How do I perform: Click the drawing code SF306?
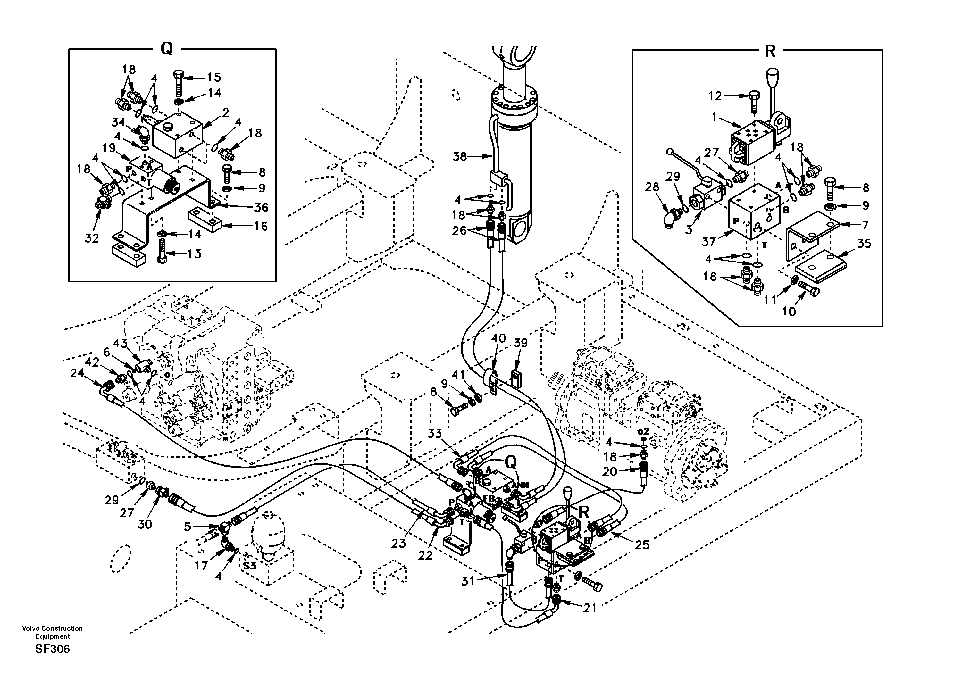(52, 649)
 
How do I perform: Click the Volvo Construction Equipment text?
(52, 632)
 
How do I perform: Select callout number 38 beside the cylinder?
(460, 157)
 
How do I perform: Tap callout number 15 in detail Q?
(214, 77)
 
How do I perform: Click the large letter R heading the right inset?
(770, 52)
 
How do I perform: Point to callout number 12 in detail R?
(715, 96)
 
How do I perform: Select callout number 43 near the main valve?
(120, 344)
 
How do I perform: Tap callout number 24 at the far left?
(77, 373)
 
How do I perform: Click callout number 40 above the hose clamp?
(498, 338)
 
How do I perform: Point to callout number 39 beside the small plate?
(521, 343)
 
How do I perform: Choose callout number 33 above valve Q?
(435, 434)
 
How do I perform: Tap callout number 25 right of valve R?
(642, 544)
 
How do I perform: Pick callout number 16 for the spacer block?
(261, 226)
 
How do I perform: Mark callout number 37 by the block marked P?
(709, 241)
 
